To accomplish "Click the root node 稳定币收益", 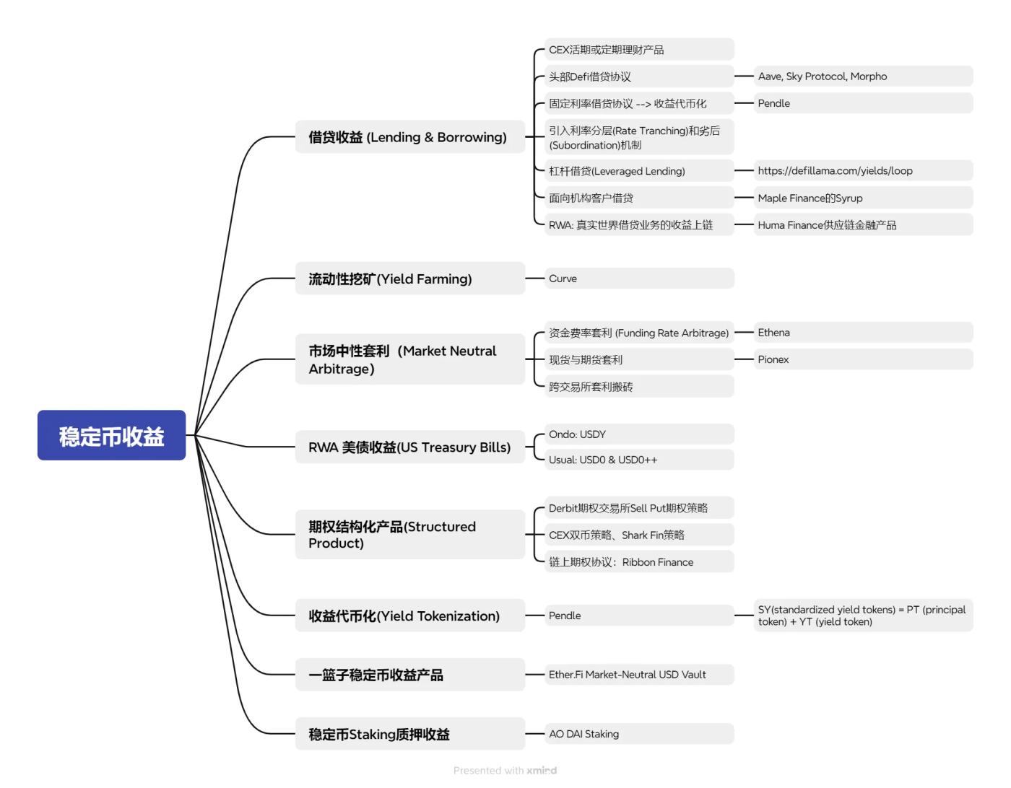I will [x=111, y=435].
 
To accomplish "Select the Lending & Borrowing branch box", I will [x=409, y=136].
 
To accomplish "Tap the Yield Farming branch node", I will [x=409, y=279].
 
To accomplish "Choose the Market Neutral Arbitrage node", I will [x=409, y=359].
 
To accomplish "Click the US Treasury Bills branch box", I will [x=409, y=447].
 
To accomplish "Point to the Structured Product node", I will [x=409, y=535].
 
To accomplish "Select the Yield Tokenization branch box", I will [x=409, y=616].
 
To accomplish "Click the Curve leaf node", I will [x=638, y=279].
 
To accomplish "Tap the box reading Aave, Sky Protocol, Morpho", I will [x=863, y=76].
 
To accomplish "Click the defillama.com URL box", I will [x=863, y=171].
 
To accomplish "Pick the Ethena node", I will [x=863, y=333].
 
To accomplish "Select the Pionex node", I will [x=863, y=359].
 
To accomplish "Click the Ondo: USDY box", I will [x=638, y=434].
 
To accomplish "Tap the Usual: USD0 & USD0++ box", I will [x=638, y=460].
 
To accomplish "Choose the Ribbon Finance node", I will [x=638, y=562].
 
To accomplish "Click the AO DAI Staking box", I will [x=638, y=734].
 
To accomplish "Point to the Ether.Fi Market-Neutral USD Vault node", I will [x=638, y=675].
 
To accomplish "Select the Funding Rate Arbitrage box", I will [x=638, y=333].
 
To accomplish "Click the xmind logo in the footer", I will [x=542, y=771].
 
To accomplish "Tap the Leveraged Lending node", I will [x=638, y=171].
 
